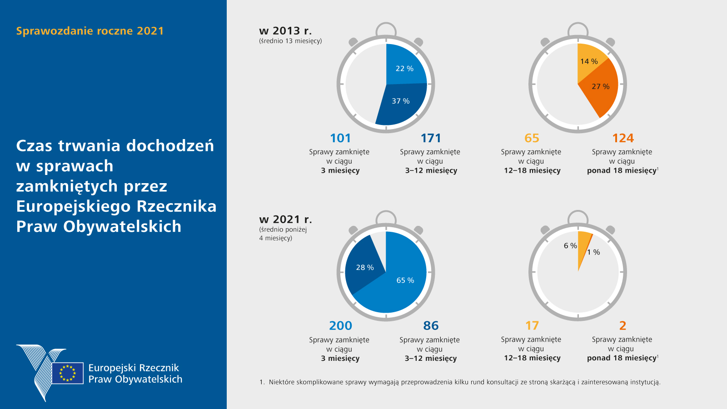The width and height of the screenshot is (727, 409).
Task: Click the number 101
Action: pyautogui.click(x=340, y=138)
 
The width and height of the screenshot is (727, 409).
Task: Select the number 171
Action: pyautogui.click(x=431, y=138)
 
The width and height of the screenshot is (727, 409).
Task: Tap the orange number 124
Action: pyautogui.click(x=622, y=138)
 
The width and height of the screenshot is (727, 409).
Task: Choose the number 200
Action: pyautogui.click(x=340, y=326)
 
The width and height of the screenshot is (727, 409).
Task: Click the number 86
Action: pyautogui.click(x=431, y=326)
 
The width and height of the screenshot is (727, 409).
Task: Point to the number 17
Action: pyautogui.click(x=532, y=326)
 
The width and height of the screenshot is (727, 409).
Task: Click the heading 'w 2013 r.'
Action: pyautogui.click(x=285, y=31)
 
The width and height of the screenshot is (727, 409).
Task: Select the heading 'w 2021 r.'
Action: pyautogui.click(x=285, y=219)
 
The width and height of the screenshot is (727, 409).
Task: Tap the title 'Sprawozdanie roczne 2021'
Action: pyautogui.click(x=90, y=31)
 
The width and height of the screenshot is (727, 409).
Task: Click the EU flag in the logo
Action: pyautogui.click(x=68, y=373)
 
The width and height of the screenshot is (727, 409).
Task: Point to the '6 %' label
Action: pyautogui.click(x=570, y=246)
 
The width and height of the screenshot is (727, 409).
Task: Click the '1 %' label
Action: pyautogui.click(x=593, y=252)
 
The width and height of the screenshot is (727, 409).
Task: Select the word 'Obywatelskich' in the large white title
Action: pyautogui.click(x=122, y=226)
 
